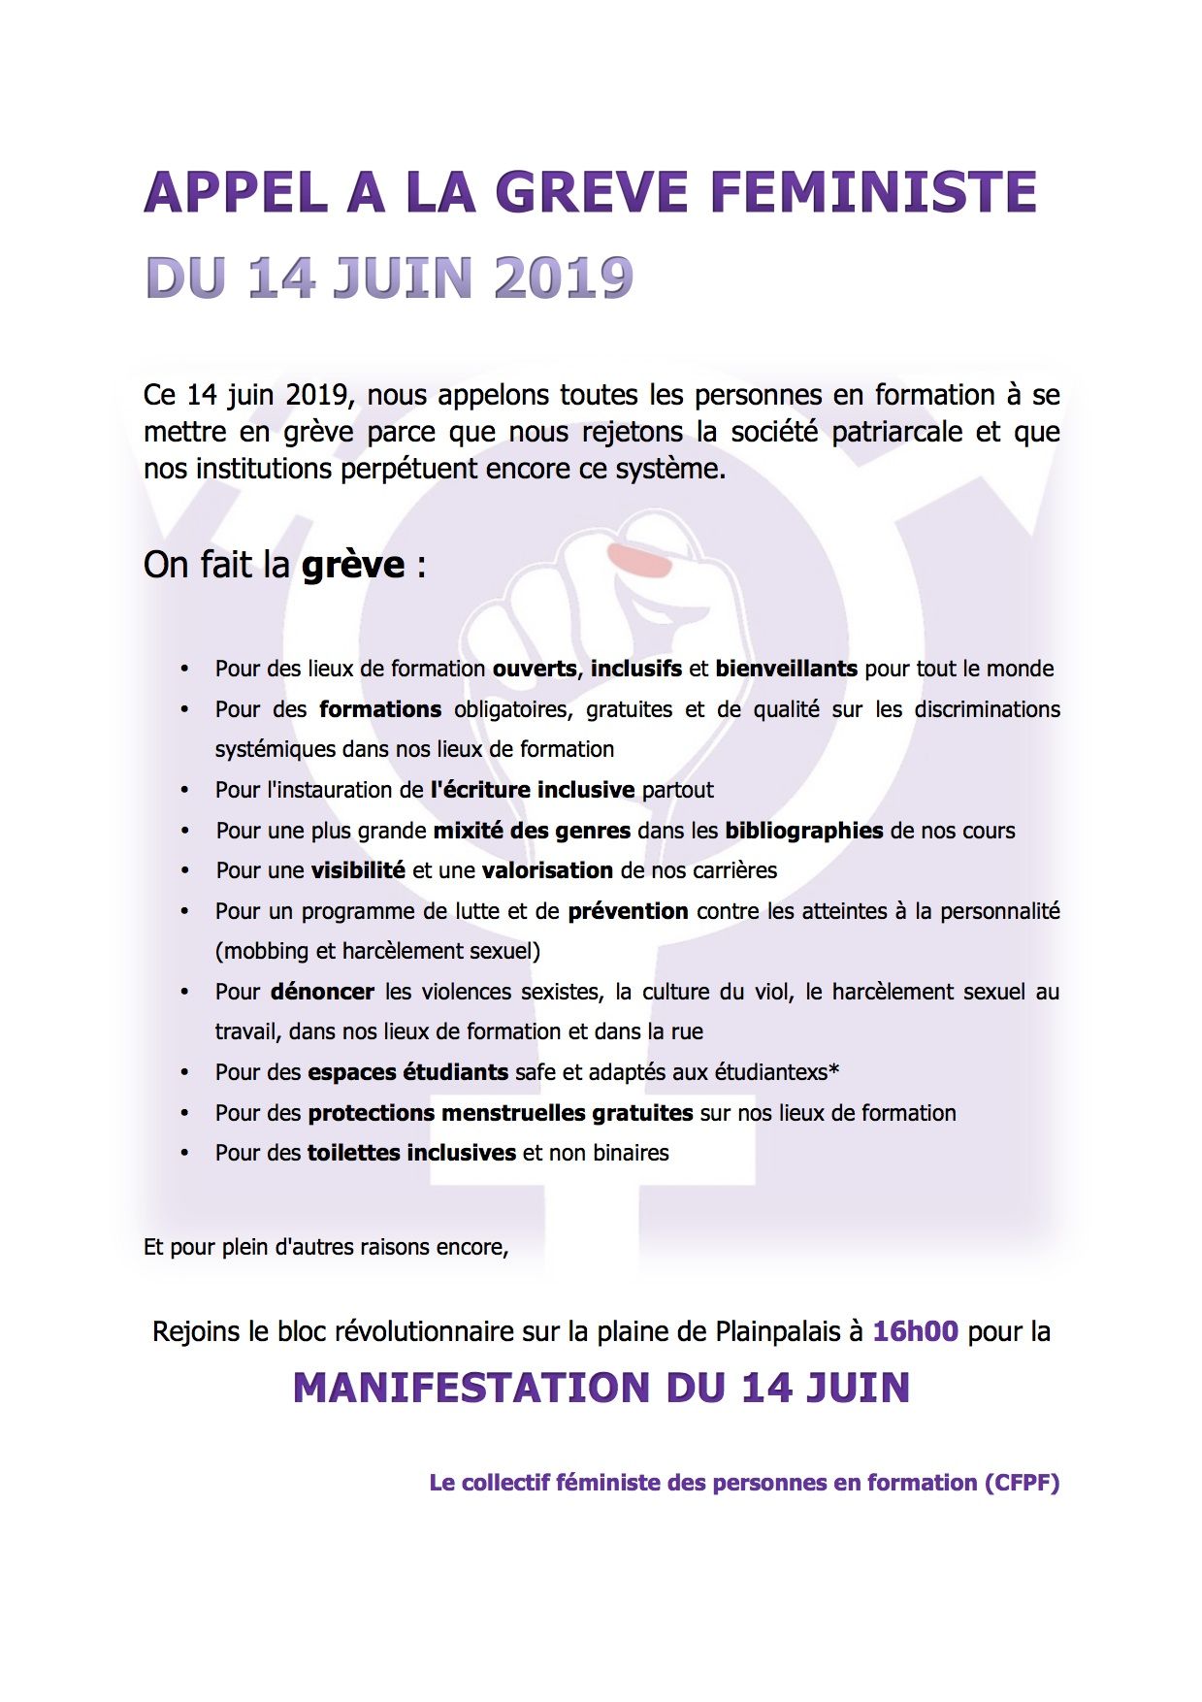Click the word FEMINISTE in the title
(873, 192)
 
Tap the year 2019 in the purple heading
(564, 278)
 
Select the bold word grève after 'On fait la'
(353, 565)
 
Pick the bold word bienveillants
(786, 669)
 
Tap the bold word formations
(380, 709)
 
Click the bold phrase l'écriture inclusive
(533, 790)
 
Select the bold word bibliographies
(804, 831)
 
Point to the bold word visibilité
(358, 870)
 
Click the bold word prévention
(628, 911)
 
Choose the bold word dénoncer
(322, 992)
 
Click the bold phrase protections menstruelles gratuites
(501, 1113)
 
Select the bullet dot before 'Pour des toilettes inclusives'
(184, 1154)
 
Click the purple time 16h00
(915, 1331)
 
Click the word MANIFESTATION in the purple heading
(472, 1388)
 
